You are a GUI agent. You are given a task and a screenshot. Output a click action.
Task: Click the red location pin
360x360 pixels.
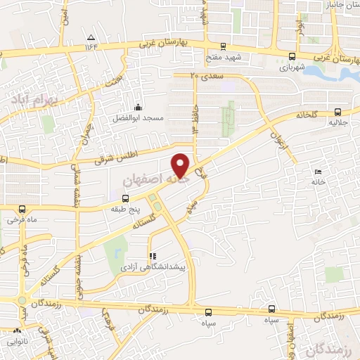click(181, 165)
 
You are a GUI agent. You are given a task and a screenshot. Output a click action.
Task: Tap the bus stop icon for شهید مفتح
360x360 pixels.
click(223, 45)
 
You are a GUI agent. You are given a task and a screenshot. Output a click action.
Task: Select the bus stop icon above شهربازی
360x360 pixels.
click(292, 56)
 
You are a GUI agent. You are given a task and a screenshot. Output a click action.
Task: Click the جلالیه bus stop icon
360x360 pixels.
click(338, 111)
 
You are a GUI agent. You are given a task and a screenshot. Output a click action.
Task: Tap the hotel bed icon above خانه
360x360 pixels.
click(318, 172)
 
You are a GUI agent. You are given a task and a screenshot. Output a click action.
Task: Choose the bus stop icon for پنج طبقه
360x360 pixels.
click(125, 198)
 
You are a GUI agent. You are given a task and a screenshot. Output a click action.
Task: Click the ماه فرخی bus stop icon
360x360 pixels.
click(22, 209)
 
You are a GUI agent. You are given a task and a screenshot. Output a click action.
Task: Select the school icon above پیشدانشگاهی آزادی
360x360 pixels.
click(153, 257)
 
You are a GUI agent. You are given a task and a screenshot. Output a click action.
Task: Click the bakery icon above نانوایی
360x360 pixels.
click(18, 330)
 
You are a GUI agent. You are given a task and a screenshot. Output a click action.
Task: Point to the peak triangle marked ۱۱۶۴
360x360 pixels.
click(90, 37)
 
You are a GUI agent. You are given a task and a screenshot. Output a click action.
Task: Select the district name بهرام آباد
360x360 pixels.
click(27, 101)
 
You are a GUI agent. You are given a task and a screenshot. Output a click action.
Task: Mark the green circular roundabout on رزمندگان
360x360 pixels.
click(22, 302)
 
